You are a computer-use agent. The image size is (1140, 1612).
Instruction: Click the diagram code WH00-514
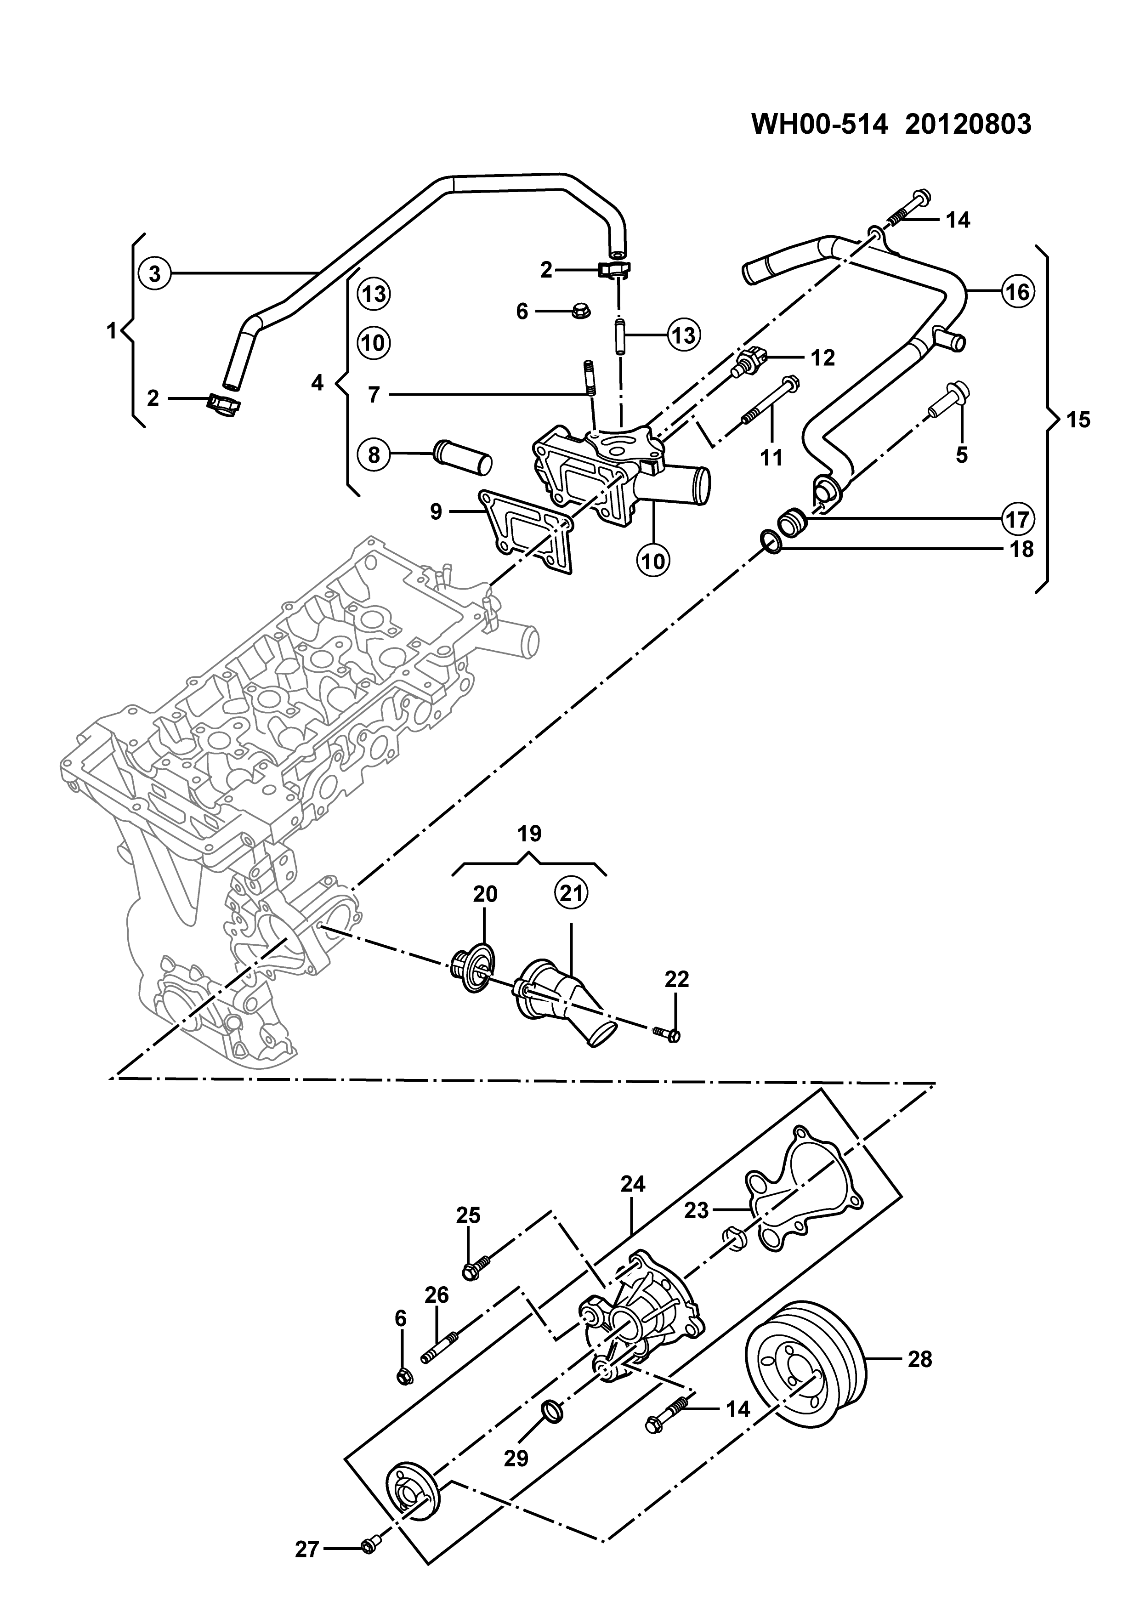pos(820,124)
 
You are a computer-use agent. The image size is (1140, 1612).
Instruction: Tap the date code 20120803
pos(968,124)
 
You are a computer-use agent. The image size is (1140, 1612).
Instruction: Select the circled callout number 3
pos(155,272)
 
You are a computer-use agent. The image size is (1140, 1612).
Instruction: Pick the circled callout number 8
pos(374,455)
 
